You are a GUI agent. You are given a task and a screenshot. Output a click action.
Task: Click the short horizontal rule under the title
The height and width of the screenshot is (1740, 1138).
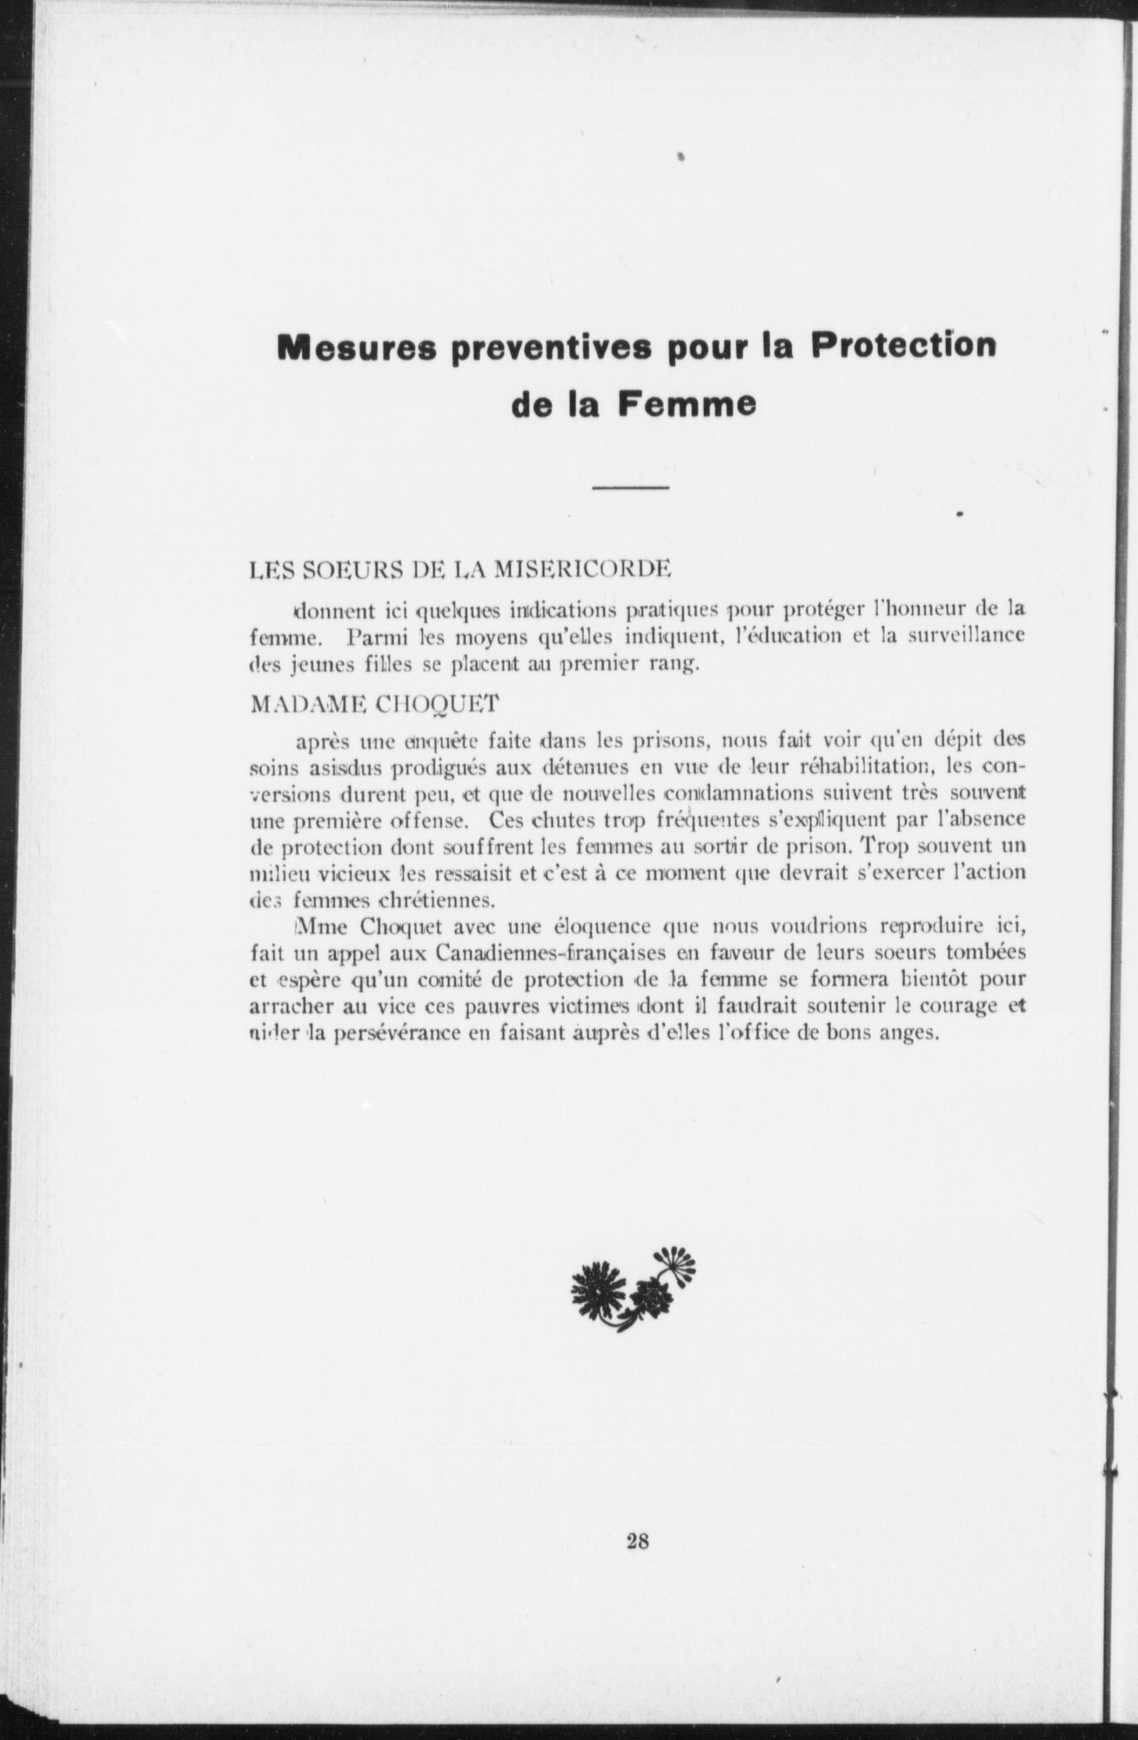(630, 489)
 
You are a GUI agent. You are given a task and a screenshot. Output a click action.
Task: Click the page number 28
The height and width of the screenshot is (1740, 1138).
(638, 1542)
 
